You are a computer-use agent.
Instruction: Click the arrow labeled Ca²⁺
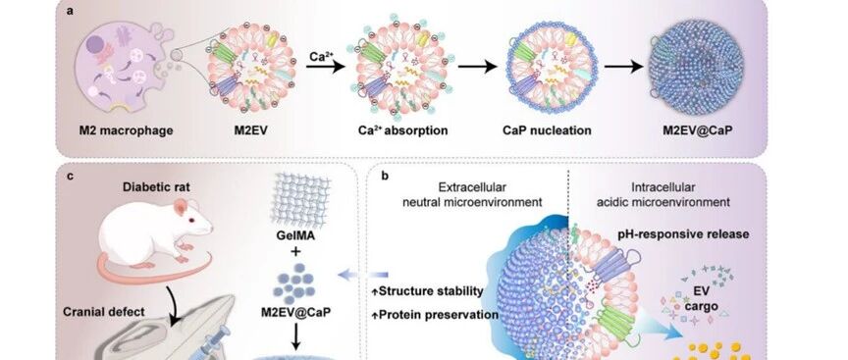(325, 67)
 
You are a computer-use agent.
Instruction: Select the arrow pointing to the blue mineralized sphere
(624, 67)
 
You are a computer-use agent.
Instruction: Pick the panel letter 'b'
(385, 176)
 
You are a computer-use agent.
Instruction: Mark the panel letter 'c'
(70, 177)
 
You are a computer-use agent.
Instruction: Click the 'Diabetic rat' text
(156, 187)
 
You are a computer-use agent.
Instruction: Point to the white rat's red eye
(191, 220)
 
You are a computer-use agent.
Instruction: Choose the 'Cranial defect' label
(104, 312)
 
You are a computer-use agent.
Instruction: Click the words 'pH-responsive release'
(683, 234)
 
